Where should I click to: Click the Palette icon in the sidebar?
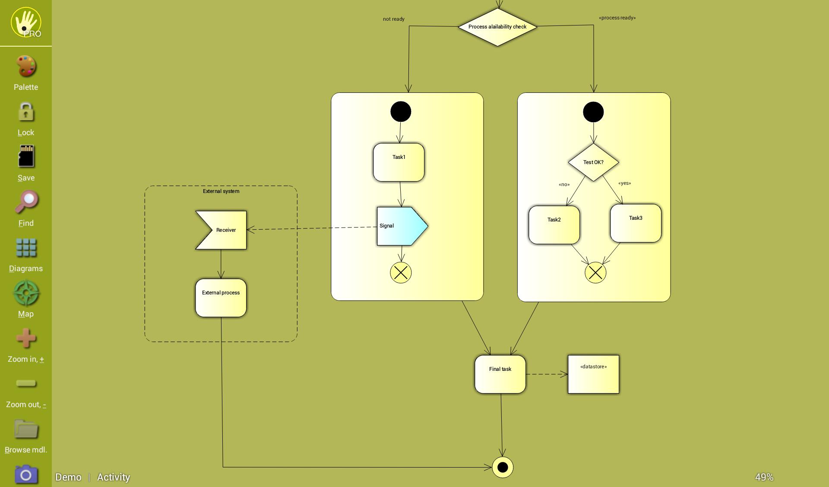26,66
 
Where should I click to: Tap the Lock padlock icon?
26,112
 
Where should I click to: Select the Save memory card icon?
26,156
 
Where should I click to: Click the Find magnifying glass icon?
26,202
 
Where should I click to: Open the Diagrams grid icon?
26,248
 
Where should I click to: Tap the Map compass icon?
26,293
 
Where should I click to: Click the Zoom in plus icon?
26,338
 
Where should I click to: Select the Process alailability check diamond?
497,27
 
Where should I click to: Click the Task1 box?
399,162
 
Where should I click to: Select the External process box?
221,298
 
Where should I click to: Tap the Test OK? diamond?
593,162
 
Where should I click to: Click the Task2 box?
554,225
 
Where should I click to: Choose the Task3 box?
636,223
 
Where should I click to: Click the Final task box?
500,374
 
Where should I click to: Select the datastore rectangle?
593,374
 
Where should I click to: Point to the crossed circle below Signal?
401,273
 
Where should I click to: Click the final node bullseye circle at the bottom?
503,467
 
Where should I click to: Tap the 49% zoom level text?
764,477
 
